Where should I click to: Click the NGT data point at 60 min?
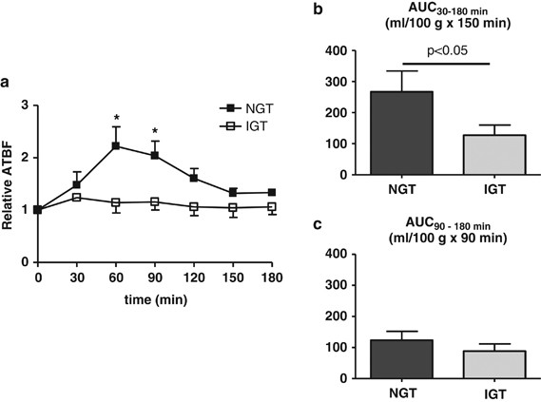coord(116,145)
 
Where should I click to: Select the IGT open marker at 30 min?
coord(77,197)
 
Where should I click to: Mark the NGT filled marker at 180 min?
coord(272,192)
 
